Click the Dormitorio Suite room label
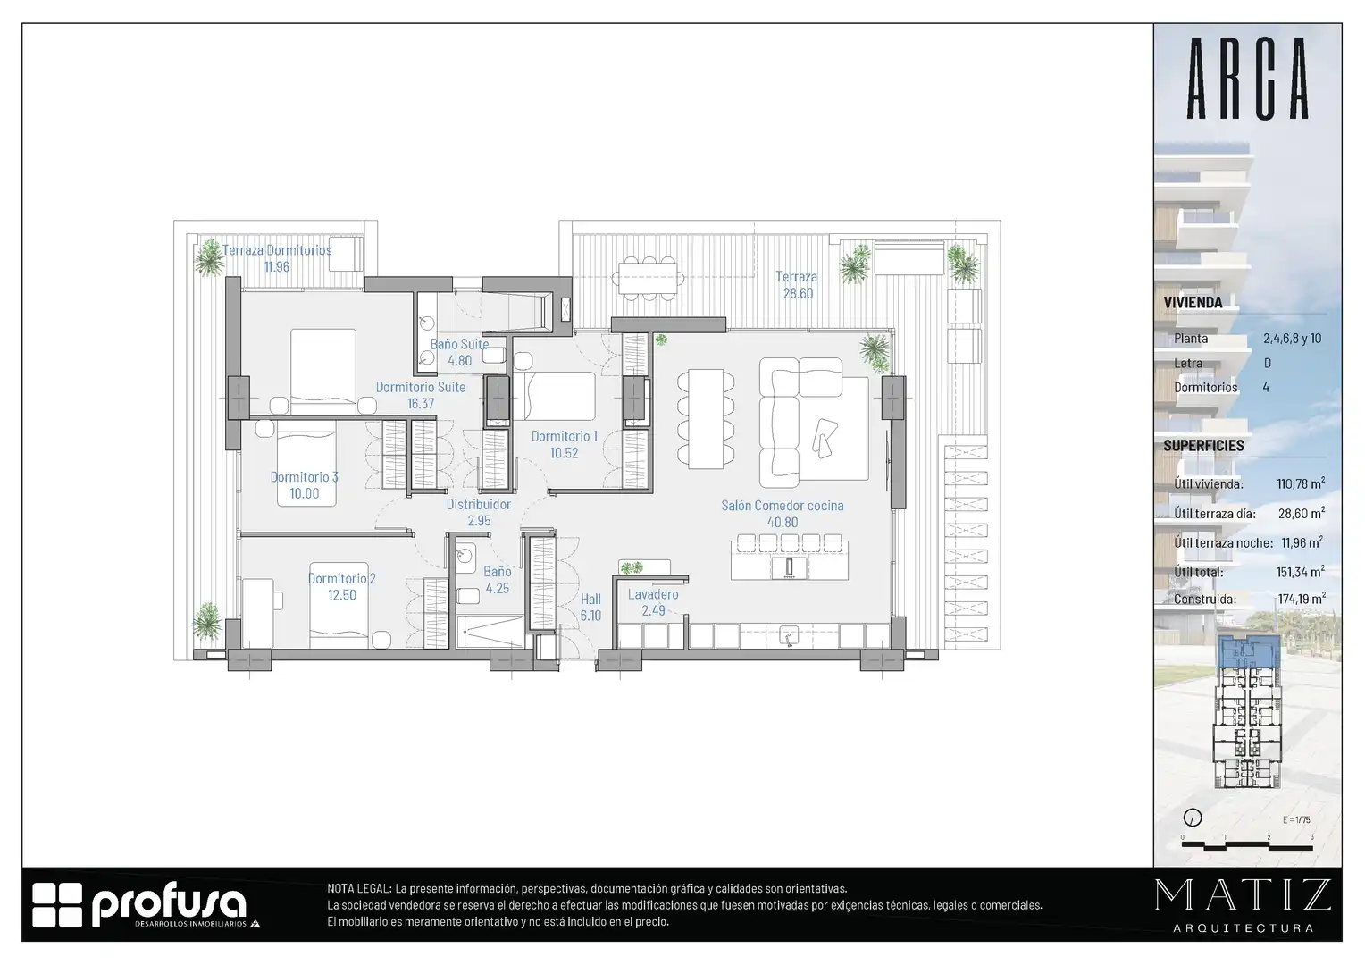pos(421,387)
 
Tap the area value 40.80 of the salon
pos(783,523)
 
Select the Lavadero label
pos(653,594)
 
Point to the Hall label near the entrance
pos(590,600)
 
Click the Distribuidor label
pos(478,504)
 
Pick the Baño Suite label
pos(459,344)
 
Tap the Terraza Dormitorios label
pos(277,250)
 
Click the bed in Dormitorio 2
pos(339,605)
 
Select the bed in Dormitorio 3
pos(306,464)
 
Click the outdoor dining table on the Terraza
pos(648,278)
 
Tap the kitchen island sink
pos(789,567)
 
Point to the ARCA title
pos(1247,79)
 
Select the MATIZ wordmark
pos(1244,895)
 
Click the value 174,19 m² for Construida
pos(1302,600)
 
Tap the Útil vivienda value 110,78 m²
pos(1301,484)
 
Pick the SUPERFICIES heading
pos(1203,446)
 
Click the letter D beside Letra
pos(1268,364)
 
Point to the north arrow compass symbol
pos(1193,818)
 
